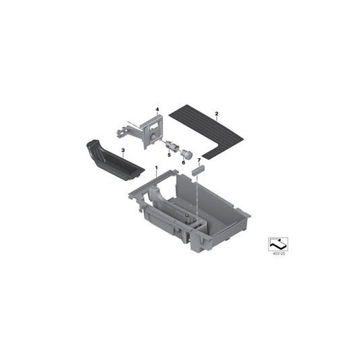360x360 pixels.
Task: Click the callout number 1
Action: pos(156,168)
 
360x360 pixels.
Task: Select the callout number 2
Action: pos(217,113)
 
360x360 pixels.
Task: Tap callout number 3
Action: pos(123,151)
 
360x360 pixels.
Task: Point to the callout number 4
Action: pos(157,109)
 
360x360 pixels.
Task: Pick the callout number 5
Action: pos(170,155)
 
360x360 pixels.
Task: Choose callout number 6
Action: pos(184,163)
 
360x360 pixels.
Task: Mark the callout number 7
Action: pos(199,160)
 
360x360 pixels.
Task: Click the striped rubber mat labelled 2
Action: pos(206,132)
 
